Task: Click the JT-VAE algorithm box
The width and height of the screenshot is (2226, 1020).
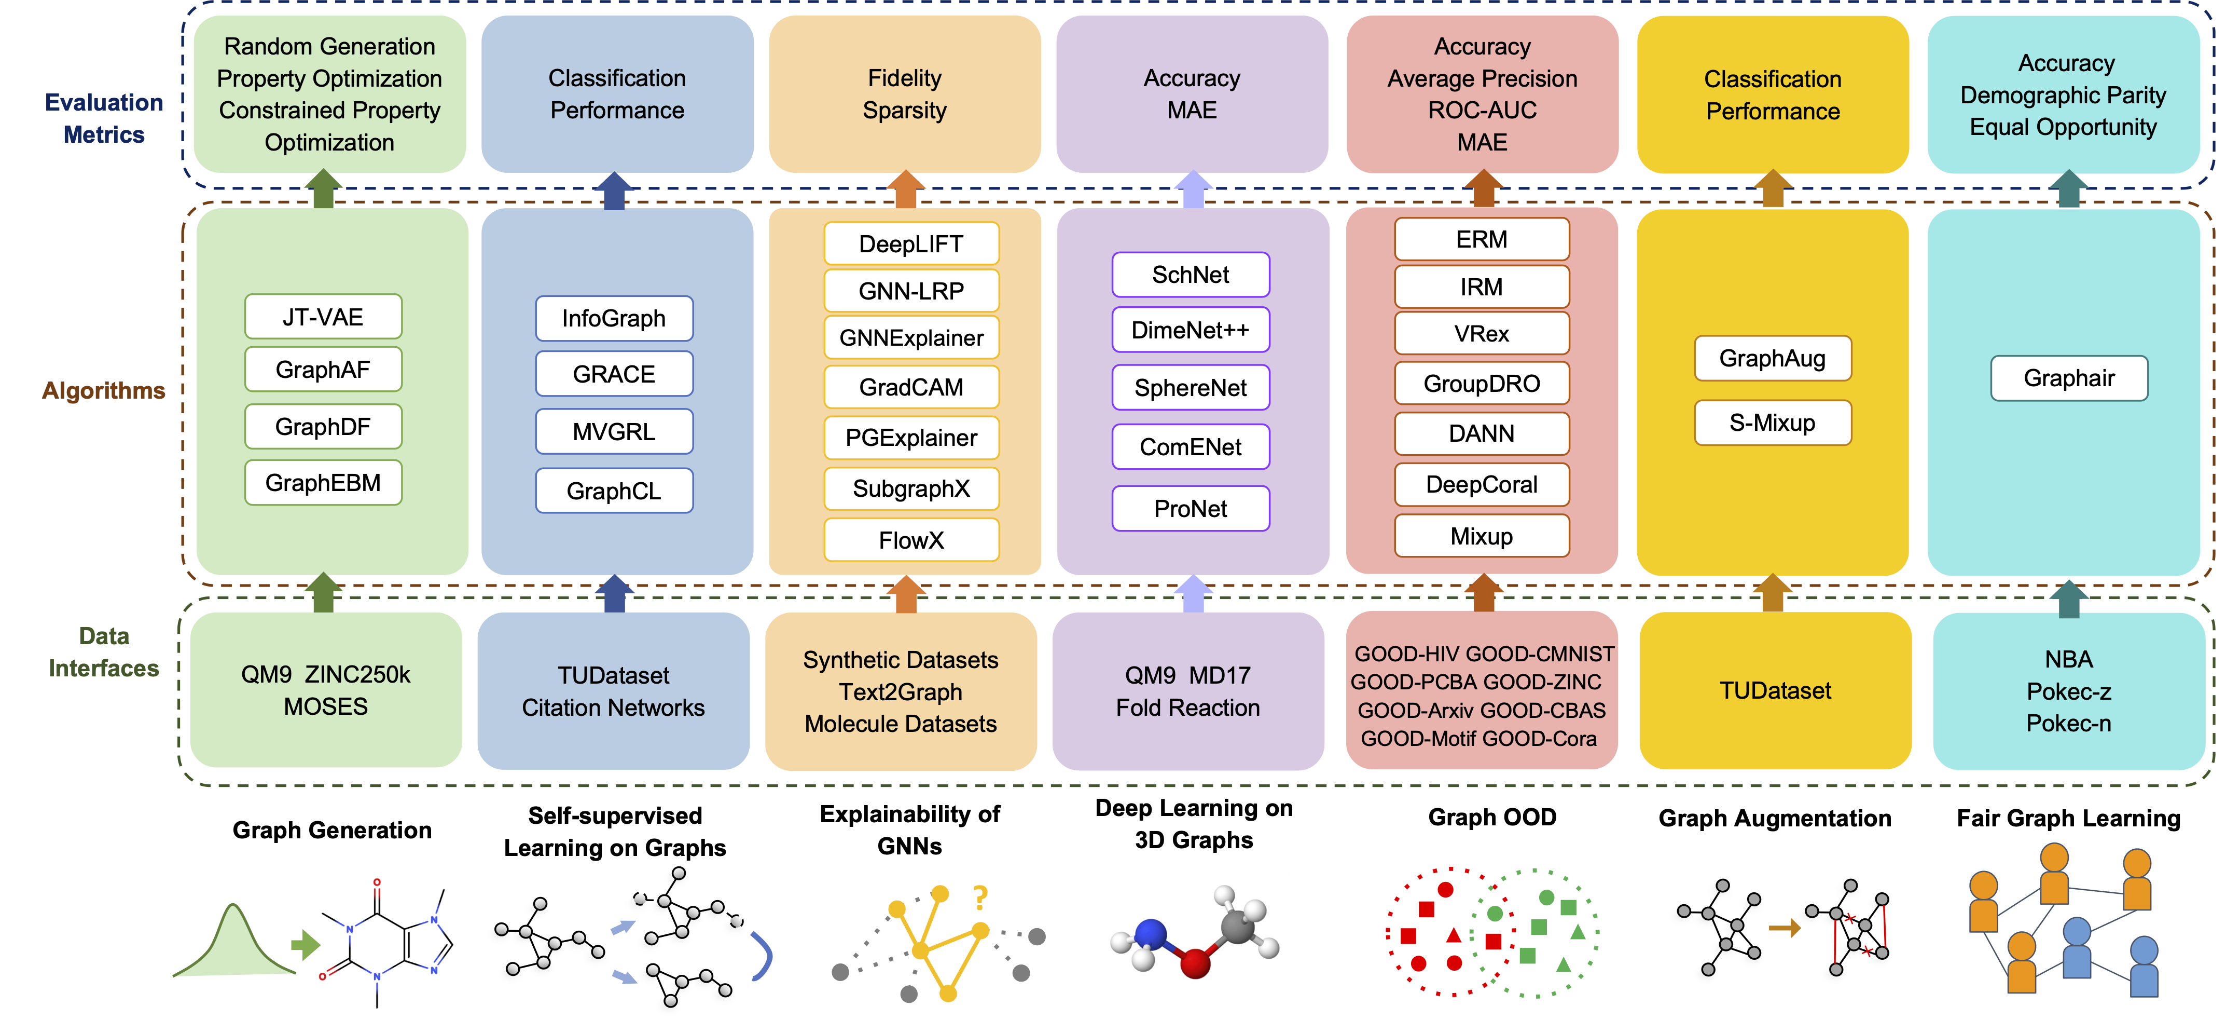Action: [x=323, y=317]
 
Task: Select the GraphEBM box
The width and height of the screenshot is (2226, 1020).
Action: [x=323, y=482]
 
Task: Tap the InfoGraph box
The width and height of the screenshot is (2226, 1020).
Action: [x=614, y=319]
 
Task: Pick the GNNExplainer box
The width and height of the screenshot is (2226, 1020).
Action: [x=911, y=338]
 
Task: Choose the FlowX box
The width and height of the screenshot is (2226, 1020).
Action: [x=911, y=540]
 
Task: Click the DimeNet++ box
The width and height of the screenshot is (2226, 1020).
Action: [x=1190, y=330]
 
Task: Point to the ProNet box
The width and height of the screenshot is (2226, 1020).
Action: [x=1190, y=508]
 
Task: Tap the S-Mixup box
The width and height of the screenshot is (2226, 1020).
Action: [x=1772, y=423]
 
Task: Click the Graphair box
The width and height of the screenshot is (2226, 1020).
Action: [x=2069, y=378]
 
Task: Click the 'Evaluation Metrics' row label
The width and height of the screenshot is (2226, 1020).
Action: [x=104, y=118]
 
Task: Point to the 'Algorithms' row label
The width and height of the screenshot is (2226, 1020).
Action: [x=104, y=391]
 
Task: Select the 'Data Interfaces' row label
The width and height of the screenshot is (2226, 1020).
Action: [x=104, y=652]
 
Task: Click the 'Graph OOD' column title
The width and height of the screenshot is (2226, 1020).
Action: [x=1492, y=817]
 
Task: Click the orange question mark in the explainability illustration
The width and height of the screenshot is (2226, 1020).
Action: [x=980, y=898]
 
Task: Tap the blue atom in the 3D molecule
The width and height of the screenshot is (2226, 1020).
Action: [x=1150, y=933]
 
